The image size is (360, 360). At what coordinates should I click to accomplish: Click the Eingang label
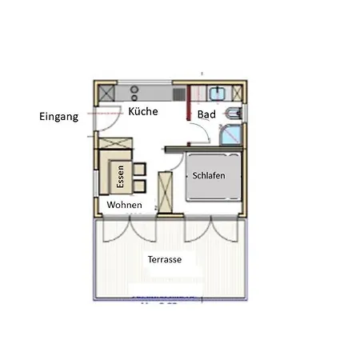click(x=59, y=117)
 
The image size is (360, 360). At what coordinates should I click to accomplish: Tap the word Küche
click(x=142, y=112)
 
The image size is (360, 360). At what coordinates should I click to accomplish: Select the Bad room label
click(x=206, y=115)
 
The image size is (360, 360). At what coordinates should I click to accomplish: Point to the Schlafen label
click(x=209, y=175)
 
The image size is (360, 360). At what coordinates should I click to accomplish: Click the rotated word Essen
click(x=121, y=176)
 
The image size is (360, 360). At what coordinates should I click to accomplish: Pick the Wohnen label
click(x=125, y=206)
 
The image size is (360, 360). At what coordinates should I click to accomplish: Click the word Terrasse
click(x=164, y=260)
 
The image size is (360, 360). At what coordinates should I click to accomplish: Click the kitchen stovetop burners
click(x=134, y=92)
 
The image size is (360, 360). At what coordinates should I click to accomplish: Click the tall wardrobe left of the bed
click(x=166, y=192)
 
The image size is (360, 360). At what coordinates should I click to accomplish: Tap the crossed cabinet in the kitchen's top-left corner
click(x=106, y=93)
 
